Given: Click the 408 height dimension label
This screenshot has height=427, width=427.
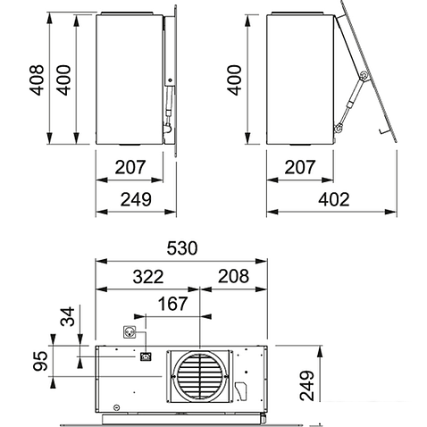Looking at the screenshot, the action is pos(37,80).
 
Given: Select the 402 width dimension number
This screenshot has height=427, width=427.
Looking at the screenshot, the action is pos(334,199).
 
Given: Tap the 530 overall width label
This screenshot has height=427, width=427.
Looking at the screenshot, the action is pos(182,248).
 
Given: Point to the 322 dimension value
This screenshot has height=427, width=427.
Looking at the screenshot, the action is pos(148,277).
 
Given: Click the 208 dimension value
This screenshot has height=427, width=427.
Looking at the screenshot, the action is pos(233,276).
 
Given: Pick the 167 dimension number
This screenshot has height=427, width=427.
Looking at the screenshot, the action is pos(172,304).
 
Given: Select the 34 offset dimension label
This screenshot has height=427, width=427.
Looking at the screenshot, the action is pos(67,316).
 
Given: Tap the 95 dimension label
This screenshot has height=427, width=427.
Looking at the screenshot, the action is pos(40,361).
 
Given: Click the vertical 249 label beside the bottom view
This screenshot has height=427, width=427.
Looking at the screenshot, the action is pos(307,386).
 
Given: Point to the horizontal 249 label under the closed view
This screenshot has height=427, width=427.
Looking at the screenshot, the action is pos(136,199).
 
